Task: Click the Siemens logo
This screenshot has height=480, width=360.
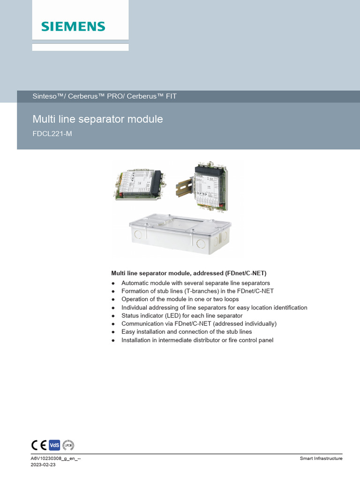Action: tap(73, 27)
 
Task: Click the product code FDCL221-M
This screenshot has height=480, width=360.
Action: tap(52, 134)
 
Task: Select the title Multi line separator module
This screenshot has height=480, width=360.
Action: tap(97, 119)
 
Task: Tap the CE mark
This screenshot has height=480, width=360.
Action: tap(39, 445)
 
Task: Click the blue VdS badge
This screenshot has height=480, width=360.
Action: tap(54, 445)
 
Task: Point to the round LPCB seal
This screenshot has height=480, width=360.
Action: tap(68, 445)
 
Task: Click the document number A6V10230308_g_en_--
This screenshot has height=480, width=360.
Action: tap(56, 458)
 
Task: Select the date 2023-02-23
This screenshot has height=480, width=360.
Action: tap(43, 465)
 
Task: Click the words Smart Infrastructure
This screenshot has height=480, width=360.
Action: tap(321, 458)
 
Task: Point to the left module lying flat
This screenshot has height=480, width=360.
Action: tap(140, 185)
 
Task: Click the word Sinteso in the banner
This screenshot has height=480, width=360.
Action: tap(45, 96)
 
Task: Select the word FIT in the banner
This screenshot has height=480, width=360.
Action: tap(171, 96)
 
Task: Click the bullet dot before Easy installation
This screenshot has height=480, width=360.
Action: tap(113, 332)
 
